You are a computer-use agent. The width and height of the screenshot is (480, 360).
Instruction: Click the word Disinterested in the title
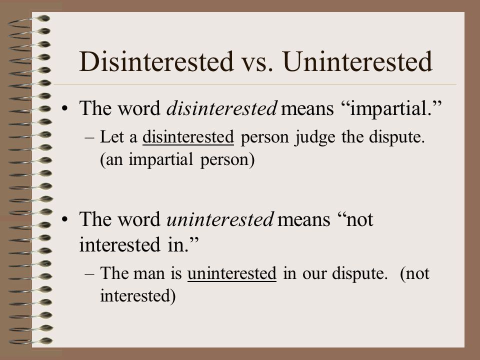[156, 61]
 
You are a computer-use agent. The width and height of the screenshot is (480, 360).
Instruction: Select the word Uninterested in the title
[357, 61]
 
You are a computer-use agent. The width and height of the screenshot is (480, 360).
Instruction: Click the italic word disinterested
[222, 108]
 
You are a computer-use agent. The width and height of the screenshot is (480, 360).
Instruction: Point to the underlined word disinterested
[188, 137]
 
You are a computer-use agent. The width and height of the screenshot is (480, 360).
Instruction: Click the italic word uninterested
[220, 219]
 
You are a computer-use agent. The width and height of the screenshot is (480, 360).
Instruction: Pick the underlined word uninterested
[232, 273]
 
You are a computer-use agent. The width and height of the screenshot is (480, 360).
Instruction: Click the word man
[149, 274]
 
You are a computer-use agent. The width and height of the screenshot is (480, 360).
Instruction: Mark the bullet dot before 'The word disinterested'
[64, 108]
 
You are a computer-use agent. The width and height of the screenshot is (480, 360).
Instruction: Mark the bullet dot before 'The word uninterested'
[64, 219]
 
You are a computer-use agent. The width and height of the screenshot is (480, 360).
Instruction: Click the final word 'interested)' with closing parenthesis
[138, 296]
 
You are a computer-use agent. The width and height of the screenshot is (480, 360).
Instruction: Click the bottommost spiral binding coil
[30, 341]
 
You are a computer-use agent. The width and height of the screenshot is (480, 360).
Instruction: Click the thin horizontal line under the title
[255, 84]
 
